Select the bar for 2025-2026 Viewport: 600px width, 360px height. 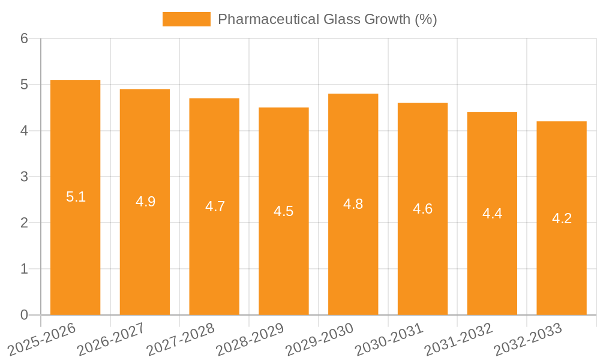click(75, 197)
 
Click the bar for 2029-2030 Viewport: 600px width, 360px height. click(353, 204)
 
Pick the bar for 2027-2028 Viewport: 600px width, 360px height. click(214, 206)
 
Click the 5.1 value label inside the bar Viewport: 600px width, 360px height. click(76, 197)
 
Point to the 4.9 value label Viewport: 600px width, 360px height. click(145, 202)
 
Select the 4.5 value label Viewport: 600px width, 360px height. click(284, 211)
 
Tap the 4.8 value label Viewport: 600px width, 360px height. click(353, 204)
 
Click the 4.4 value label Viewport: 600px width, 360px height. click(492, 214)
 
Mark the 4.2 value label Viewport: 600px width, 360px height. click(562, 218)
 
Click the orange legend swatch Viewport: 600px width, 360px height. click(186, 19)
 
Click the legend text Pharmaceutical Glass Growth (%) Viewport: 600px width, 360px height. click(327, 19)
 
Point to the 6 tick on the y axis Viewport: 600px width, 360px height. click(24, 38)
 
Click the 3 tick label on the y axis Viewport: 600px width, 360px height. click(24, 177)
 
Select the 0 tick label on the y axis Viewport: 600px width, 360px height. click(24, 315)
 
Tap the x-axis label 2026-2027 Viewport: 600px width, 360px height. click(111, 340)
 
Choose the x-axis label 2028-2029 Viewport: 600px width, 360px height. click(250, 340)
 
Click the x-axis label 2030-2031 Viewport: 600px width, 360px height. click(389, 340)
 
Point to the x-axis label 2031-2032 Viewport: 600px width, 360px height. click(458, 340)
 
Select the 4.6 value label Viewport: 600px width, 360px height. click(422, 209)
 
